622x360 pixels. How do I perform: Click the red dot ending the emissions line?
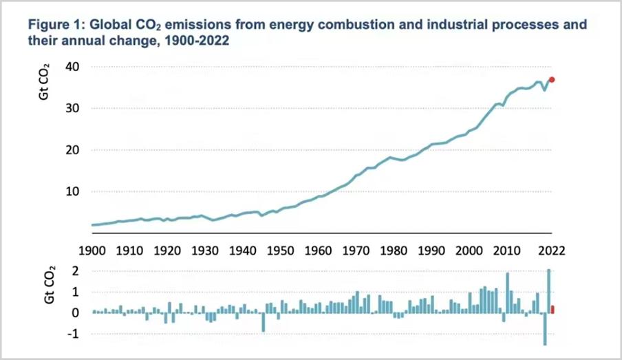(552, 80)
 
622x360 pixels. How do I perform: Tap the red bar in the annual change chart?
(553, 310)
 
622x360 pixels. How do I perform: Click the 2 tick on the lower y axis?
(76, 271)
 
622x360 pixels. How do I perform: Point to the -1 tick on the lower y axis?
(74, 334)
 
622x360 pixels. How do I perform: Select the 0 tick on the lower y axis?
(76, 313)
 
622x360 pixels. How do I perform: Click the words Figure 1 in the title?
(53, 25)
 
